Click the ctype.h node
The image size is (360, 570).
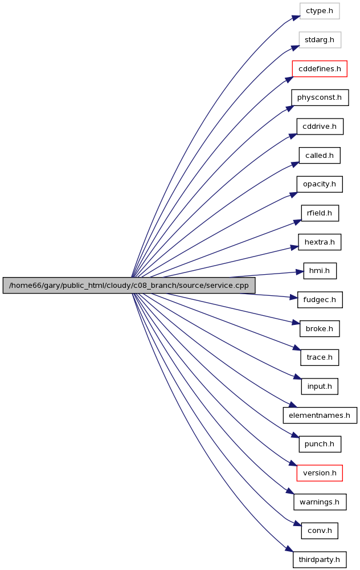click(x=320, y=11)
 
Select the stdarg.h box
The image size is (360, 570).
click(x=320, y=40)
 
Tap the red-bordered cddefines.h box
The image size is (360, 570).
click(x=320, y=69)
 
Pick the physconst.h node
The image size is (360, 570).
click(x=320, y=97)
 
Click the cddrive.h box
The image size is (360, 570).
click(x=320, y=127)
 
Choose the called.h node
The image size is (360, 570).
click(x=320, y=155)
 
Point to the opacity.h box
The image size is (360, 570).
click(x=320, y=184)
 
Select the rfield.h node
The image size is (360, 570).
click(x=320, y=213)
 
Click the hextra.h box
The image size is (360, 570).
click(x=320, y=242)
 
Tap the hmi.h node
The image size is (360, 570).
click(x=320, y=271)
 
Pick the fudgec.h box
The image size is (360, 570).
click(x=320, y=300)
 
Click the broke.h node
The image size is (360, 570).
click(x=320, y=329)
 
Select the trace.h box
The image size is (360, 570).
click(x=320, y=357)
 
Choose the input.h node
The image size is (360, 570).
click(x=320, y=386)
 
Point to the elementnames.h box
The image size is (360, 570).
click(x=320, y=415)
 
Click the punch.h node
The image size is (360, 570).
click(x=320, y=444)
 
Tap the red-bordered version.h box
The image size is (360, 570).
click(x=320, y=473)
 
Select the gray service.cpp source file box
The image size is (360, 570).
click(x=129, y=286)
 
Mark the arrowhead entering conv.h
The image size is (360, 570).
click(x=297, y=524)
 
